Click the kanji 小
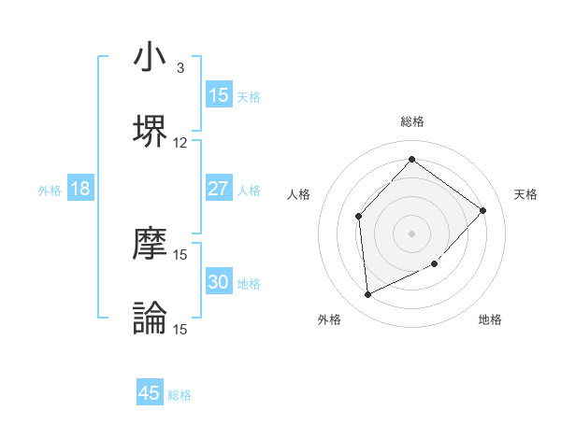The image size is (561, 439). (x=150, y=58)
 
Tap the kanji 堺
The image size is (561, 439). (x=150, y=130)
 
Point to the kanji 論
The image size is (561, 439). (x=150, y=318)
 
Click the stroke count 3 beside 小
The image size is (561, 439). (x=180, y=68)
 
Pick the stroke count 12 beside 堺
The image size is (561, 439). (x=180, y=143)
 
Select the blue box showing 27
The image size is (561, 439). (x=218, y=189)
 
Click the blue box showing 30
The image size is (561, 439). (x=218, y=282)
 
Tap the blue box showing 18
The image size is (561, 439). (x=80, y=189)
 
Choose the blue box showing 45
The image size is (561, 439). (x=150, y=393)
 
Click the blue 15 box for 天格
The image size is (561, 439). (x=218, y=95)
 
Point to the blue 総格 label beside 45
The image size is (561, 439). (x=180, y=395)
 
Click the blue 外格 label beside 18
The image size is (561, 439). (x=50, y=191)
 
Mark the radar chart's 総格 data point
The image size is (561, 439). (x=411, y=159)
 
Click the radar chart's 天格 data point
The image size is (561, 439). (x=482, y=210)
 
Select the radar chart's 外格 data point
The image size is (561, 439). (x=367, y=294)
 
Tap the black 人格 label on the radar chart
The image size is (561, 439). (x=299, y=194)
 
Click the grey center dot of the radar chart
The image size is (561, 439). (x=411, y=234)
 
